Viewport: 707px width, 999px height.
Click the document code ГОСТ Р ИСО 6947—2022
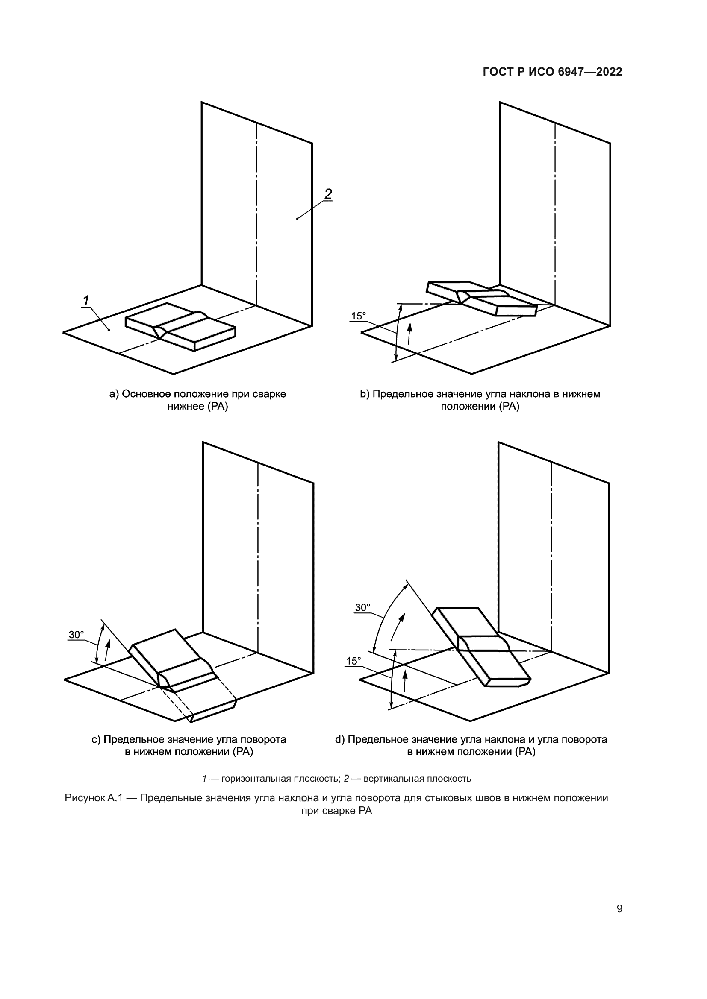click(x=552, y=72)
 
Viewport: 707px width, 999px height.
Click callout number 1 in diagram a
click(x=86, y=300)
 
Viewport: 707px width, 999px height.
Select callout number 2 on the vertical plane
click(x=328, y=193)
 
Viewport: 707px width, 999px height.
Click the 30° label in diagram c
click(x=76, y=635)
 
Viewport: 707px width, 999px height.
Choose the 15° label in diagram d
click(x=353, y=661)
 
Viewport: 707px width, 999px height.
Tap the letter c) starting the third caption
click(x=96, y=740)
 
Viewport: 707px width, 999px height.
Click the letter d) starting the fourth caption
click(x=339, y=740)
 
